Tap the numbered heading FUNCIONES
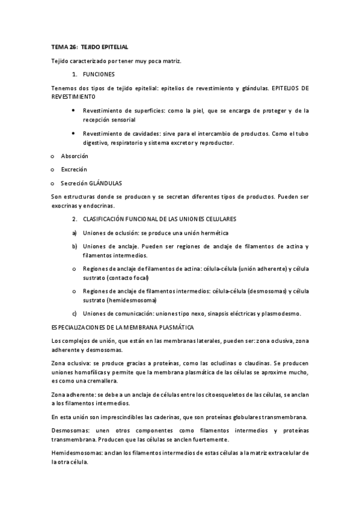[99, 75]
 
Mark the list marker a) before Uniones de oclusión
[75, 233]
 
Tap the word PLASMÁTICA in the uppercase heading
[174, 327]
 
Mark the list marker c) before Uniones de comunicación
[75, 313]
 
